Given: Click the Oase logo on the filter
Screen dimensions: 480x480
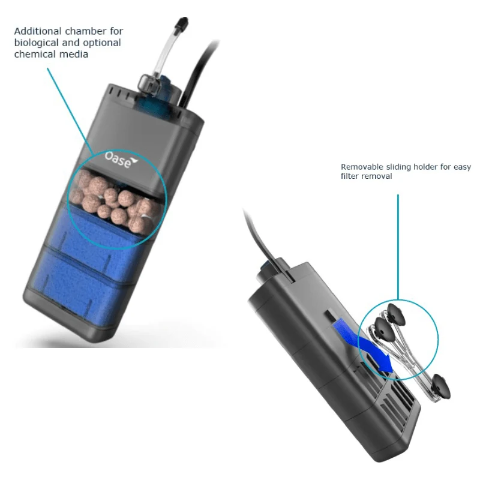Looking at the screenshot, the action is coord(121,160).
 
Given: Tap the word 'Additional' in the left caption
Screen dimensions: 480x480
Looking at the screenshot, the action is coord(38,31).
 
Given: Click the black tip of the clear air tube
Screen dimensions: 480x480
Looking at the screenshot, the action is coord(183,22).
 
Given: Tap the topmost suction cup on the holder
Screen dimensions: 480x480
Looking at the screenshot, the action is coord(397,314).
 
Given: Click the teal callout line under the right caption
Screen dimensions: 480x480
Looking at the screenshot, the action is coord(398,247).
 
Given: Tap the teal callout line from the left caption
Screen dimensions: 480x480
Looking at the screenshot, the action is coord(70,112).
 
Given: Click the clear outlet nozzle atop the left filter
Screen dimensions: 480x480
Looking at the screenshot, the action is coord(149,83).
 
